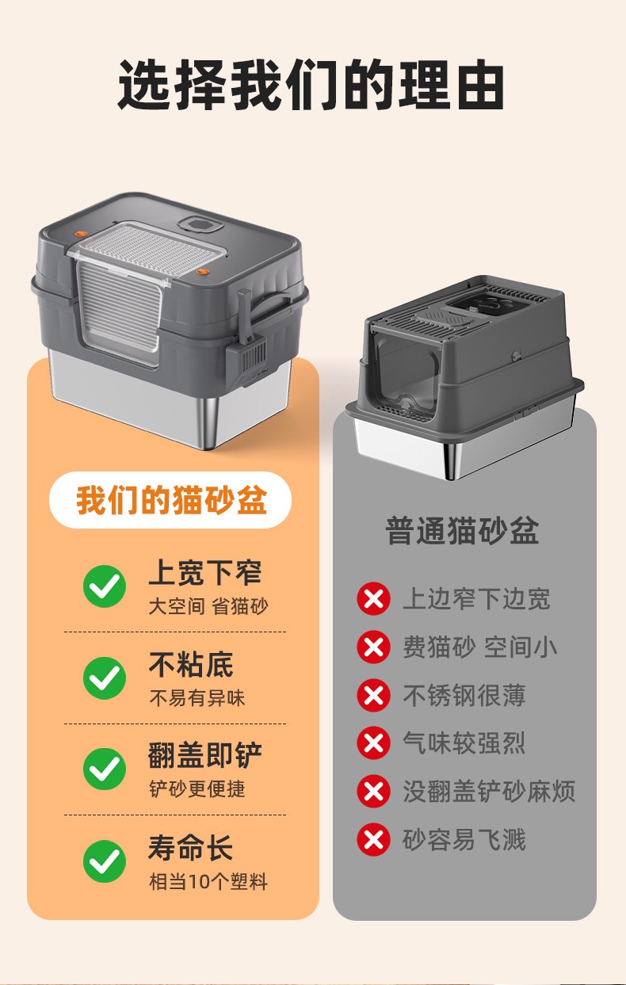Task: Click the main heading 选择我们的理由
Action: click(x=311, y=84)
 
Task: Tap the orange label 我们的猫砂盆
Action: click(x=171, y=500)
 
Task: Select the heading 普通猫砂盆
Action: click(x=462, y=531)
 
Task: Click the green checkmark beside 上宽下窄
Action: click(x=105, y=586)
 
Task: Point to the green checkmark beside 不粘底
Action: click(x=105, y=678)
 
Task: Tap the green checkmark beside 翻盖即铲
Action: click(x=105, y=769)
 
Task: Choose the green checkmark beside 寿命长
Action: click(x=105, y=861)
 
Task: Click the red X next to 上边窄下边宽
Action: click(x=374, y=598)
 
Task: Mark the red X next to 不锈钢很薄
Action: click(x=374, y=695)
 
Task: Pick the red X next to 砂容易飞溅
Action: click(x=374, y=839)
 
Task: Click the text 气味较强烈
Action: click(x=464, y=743)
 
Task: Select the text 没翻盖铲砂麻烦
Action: click(x=489, y=792)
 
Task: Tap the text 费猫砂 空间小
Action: click(x=479, y=647)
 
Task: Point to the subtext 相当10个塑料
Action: click(x=208, y=881)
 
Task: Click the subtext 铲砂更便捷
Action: click(x=197, y=788)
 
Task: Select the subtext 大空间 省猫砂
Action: click(x=208, y=606)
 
